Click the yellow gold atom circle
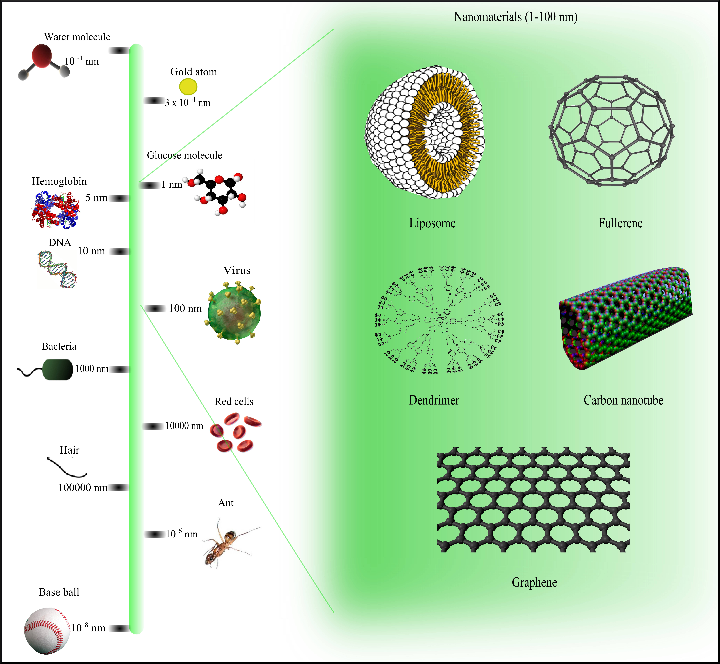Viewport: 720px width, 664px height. pos(188,87)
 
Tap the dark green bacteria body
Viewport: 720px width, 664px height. pos(58,369)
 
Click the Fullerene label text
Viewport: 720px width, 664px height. pos(620,223)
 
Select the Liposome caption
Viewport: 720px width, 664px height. pos(432,223)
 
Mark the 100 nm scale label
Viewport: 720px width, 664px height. pos(185,308)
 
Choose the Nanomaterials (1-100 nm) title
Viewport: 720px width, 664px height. pos(516,17)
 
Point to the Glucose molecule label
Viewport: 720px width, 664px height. pos(184,155)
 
